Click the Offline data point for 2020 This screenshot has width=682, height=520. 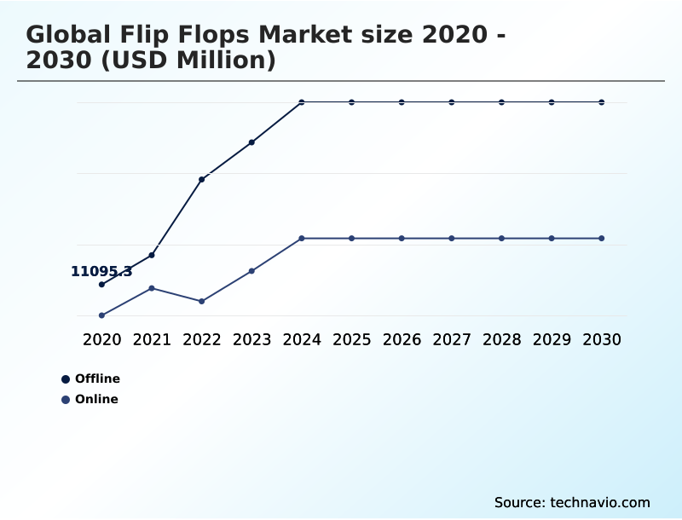click(x=101, y=285)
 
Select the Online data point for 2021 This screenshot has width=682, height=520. click(x=152, y=288)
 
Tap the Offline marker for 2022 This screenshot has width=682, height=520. click(x=202, y=179)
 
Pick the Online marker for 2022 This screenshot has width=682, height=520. click(x=202, y=302)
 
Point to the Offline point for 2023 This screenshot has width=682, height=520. click(x=251, y=142)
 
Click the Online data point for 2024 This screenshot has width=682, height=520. click(x=302, y=239)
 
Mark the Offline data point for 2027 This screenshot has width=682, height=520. click(x=452, y=102)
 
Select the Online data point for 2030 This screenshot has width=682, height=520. click(x=602, y=239)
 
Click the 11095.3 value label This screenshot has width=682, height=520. click(x=101, y=272)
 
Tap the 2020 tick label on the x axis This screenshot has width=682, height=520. click(x=101, y=340)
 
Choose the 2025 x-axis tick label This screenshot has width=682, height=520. click(x=351, y=340)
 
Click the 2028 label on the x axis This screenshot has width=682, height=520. click(x=501, y=340)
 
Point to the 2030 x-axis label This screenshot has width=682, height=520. click(x=602, y=340)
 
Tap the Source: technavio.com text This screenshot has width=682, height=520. click(x=572, y=502)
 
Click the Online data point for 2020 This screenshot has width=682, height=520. click(x=101, y=315)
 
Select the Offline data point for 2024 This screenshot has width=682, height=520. click(x=302, y=102)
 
